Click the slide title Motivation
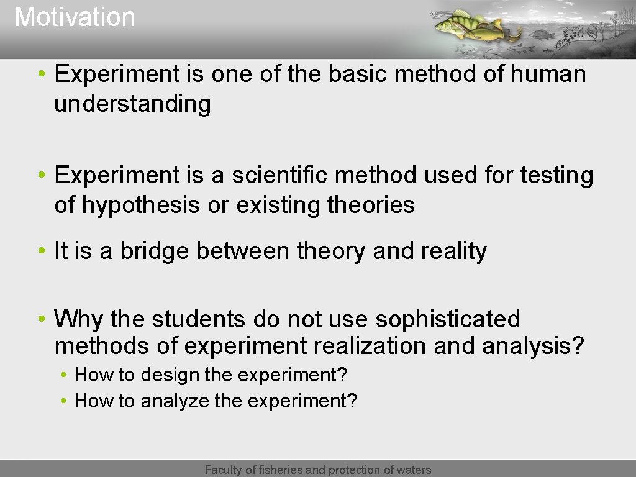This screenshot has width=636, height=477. [75, 17]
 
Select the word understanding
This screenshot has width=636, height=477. [132, 104]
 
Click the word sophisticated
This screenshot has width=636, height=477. [447, 319]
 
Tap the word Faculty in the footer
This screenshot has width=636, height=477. [224, 470]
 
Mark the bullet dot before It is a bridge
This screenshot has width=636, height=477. [40, 252]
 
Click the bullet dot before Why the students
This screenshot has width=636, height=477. [40, 319]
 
